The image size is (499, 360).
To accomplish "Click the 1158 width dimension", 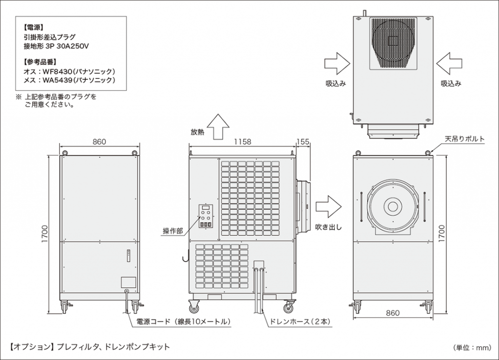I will pyautogui.click(x=242, y=142).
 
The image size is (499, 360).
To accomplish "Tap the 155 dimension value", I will pyautogui.click(x=303, y=142).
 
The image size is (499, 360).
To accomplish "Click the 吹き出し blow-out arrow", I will pyautogui.click(x=328, y=206).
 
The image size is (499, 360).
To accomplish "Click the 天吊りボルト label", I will pyautogui.click(x=464, y=139).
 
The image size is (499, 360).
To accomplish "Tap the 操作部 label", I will pyautogui.click(x=173, y=231).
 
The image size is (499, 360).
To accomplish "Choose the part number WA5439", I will pyautogui.click(x=63, y=80).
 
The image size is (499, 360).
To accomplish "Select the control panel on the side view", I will pyautogui.click(x=205, y=216).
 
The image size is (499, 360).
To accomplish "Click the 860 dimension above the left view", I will pyautogui.click(x=99, y=142).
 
